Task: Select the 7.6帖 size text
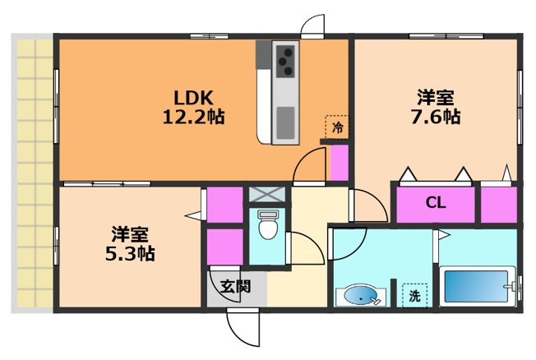pyautogui.click(x=435, y=117)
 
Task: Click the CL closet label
pyautogui.click(x=435, y=203)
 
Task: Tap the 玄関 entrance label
pyautogui.click(x=236, y=287)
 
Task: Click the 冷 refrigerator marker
pyautogui.click(x=337, y=128)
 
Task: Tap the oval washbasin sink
pyautogui.click(x=360, y=296)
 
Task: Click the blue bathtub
pyautogui.click(x=476, y=287)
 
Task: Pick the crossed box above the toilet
pyautogui.click(x=268, y=195)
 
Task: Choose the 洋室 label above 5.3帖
pyautogui.click(x=130, y=233)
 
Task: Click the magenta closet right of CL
pyautogui.click(x=498, y=203)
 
